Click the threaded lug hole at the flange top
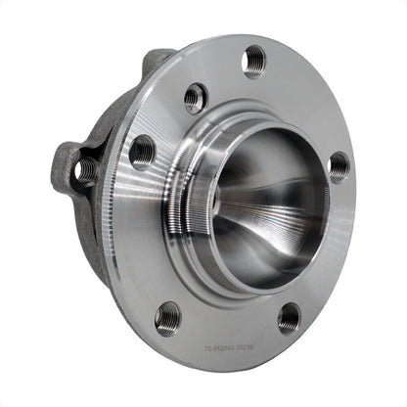[254, 60]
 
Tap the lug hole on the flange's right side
[339, 166]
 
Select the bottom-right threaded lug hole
[289, 317]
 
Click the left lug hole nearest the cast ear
[143, 151]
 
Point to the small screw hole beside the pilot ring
[196, 97]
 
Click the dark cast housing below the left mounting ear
[93, 210]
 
